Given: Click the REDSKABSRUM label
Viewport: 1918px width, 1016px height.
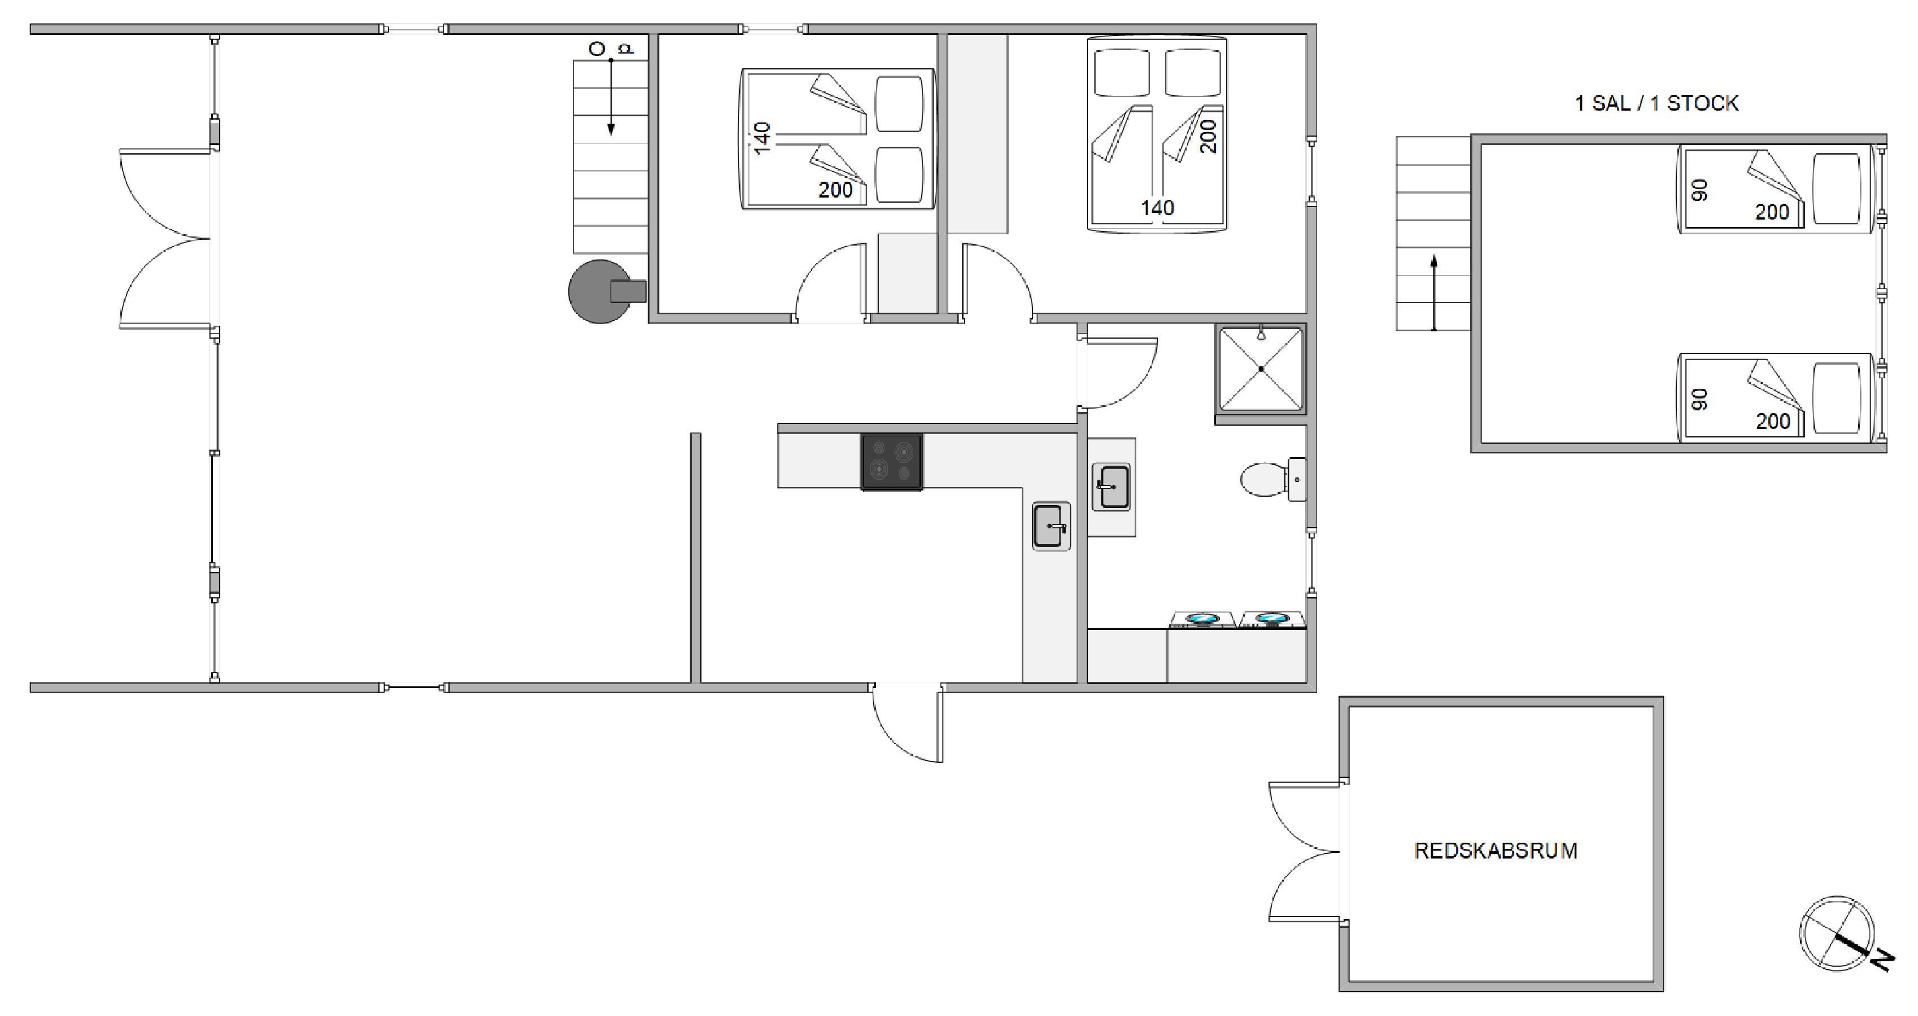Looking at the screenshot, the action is click(1495, 851).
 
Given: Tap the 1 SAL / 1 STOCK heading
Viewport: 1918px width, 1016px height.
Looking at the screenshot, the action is click(1656, 103).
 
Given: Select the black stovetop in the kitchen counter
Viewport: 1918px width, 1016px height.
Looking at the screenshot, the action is click(891, 462).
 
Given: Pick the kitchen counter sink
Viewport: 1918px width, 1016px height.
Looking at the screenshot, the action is click(1050, 526).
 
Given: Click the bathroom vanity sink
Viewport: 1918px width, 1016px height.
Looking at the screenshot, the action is click(1111, 487).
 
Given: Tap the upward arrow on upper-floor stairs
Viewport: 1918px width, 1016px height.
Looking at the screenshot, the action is click(1434, 292).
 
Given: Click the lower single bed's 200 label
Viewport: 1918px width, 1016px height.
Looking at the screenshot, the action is click(1773, 421).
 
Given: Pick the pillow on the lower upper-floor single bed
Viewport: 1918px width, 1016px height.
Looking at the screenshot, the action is click(1836, 397).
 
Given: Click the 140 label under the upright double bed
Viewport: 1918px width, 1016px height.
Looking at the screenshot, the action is click(1157, 208).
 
